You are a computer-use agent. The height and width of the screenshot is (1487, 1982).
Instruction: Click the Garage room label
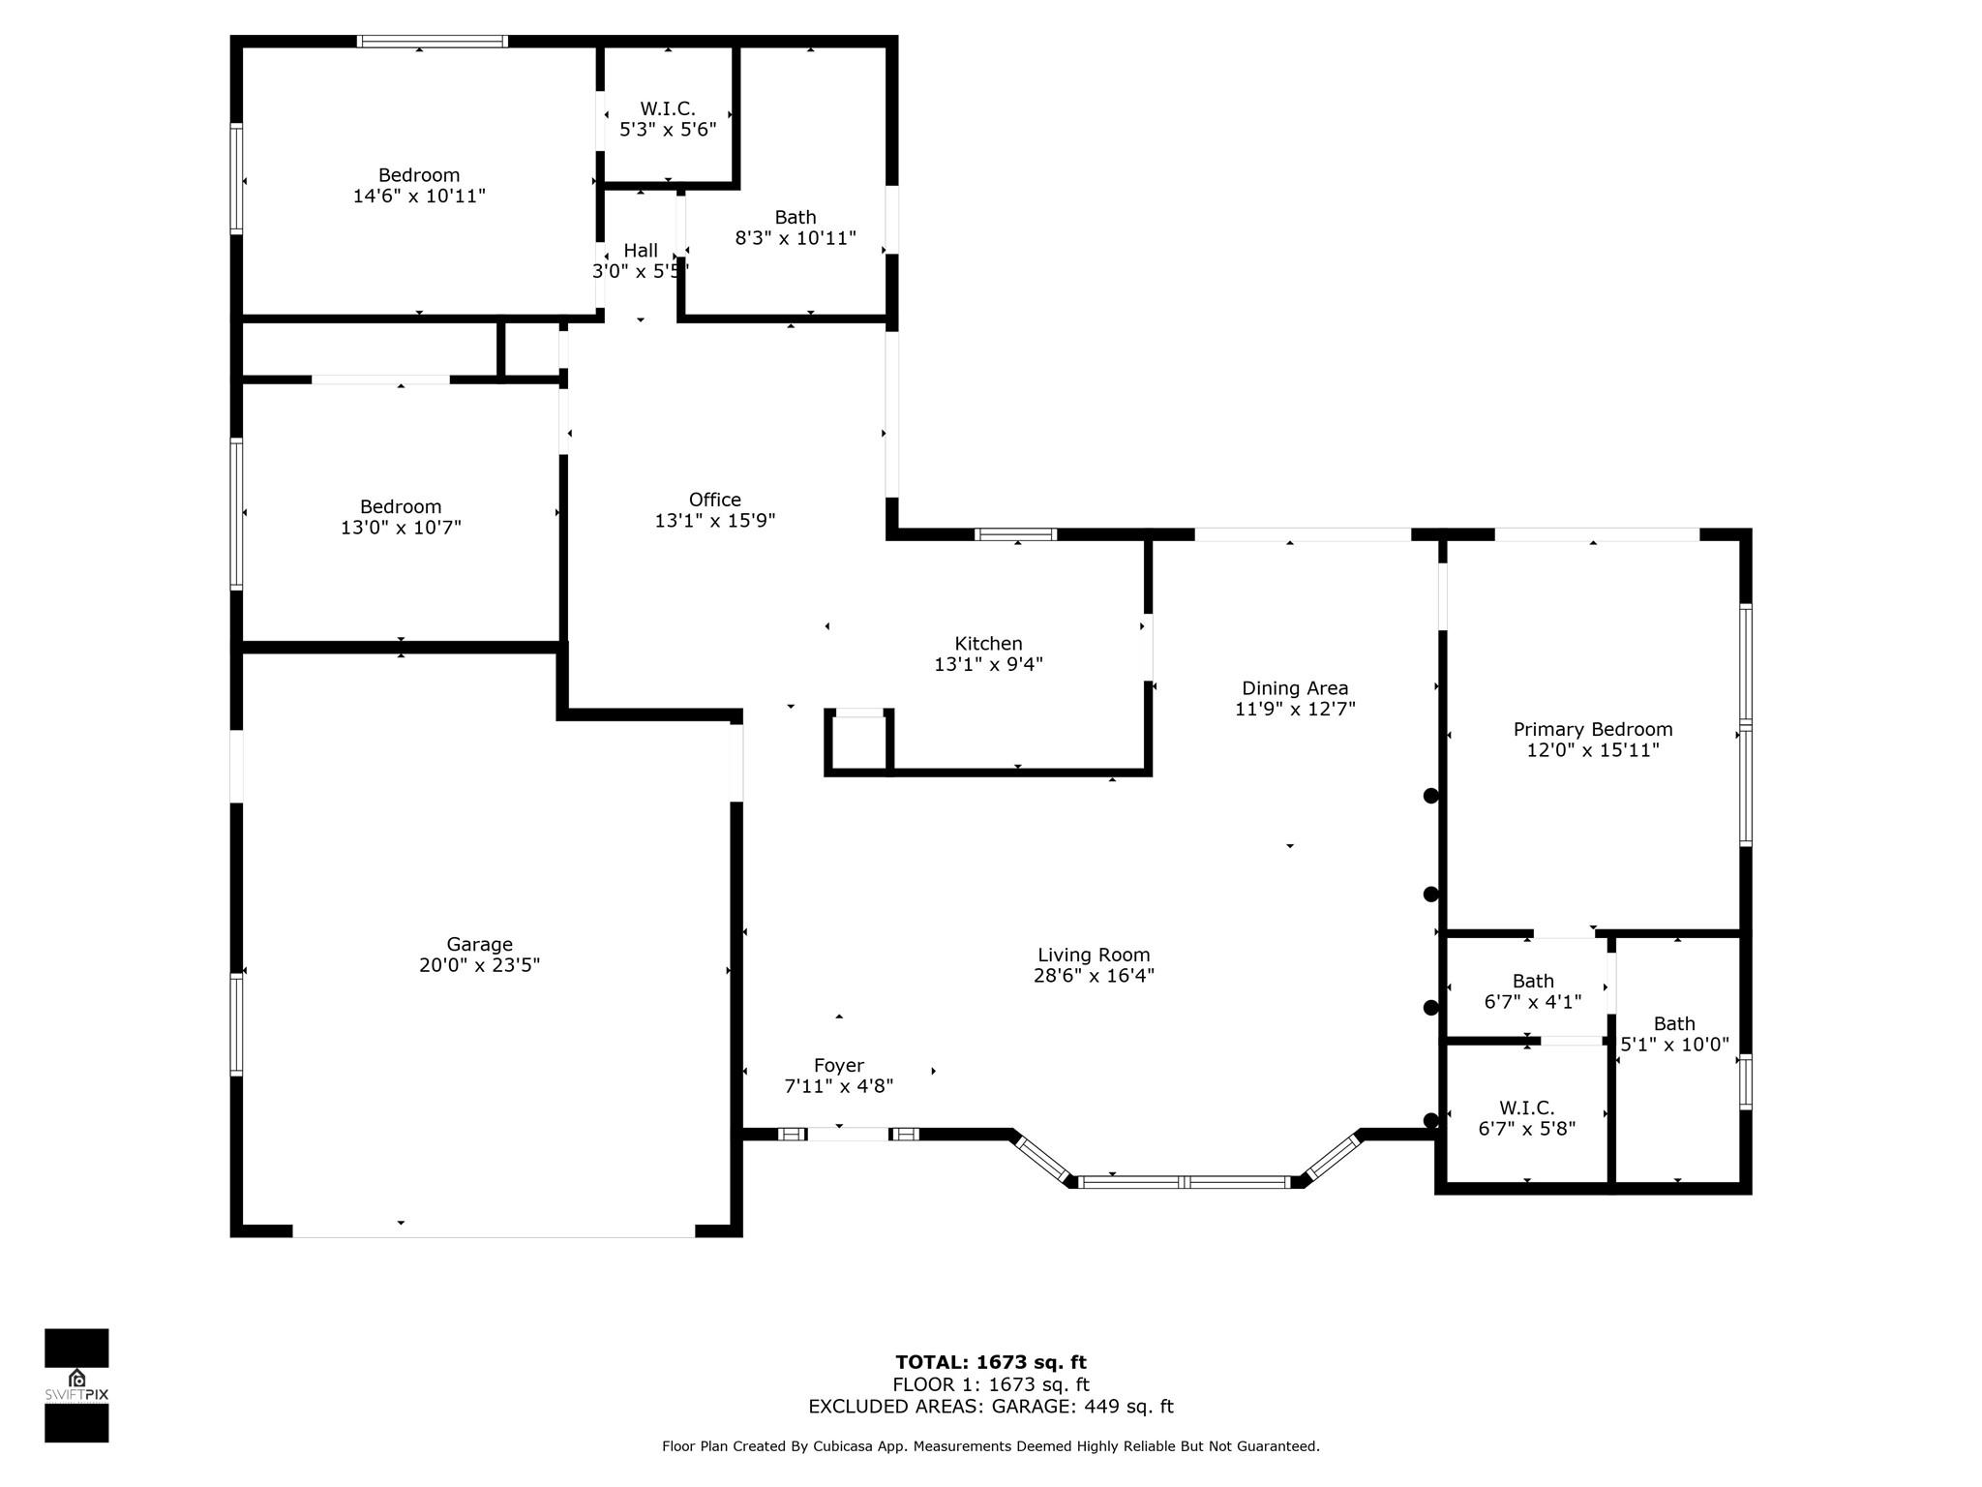[479, 944]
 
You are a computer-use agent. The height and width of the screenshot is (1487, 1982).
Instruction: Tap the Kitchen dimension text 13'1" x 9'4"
[988, 664]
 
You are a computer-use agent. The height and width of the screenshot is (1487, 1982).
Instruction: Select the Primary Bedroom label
[1593, 729]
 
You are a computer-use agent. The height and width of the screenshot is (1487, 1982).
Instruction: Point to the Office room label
[715, 500]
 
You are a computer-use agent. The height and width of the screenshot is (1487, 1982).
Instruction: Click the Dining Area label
[1295, 688]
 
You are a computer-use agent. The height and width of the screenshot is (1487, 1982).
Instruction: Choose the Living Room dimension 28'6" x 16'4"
[1094, 976]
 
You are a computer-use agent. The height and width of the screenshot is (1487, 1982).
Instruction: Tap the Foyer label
[838, 1066]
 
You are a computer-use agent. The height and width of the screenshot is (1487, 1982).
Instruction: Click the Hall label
[641, 251]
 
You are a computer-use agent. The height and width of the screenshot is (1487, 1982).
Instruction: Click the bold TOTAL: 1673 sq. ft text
[991, 1363]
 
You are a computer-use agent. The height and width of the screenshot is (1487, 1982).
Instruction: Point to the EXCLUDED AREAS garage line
[991, 1407]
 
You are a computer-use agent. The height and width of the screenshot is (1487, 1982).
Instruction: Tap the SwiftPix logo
[76, 1385]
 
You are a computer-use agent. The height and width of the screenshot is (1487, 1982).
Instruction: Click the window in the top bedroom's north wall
[432, 41]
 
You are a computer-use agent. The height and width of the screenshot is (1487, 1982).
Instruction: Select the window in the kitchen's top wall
[1015, 534]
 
